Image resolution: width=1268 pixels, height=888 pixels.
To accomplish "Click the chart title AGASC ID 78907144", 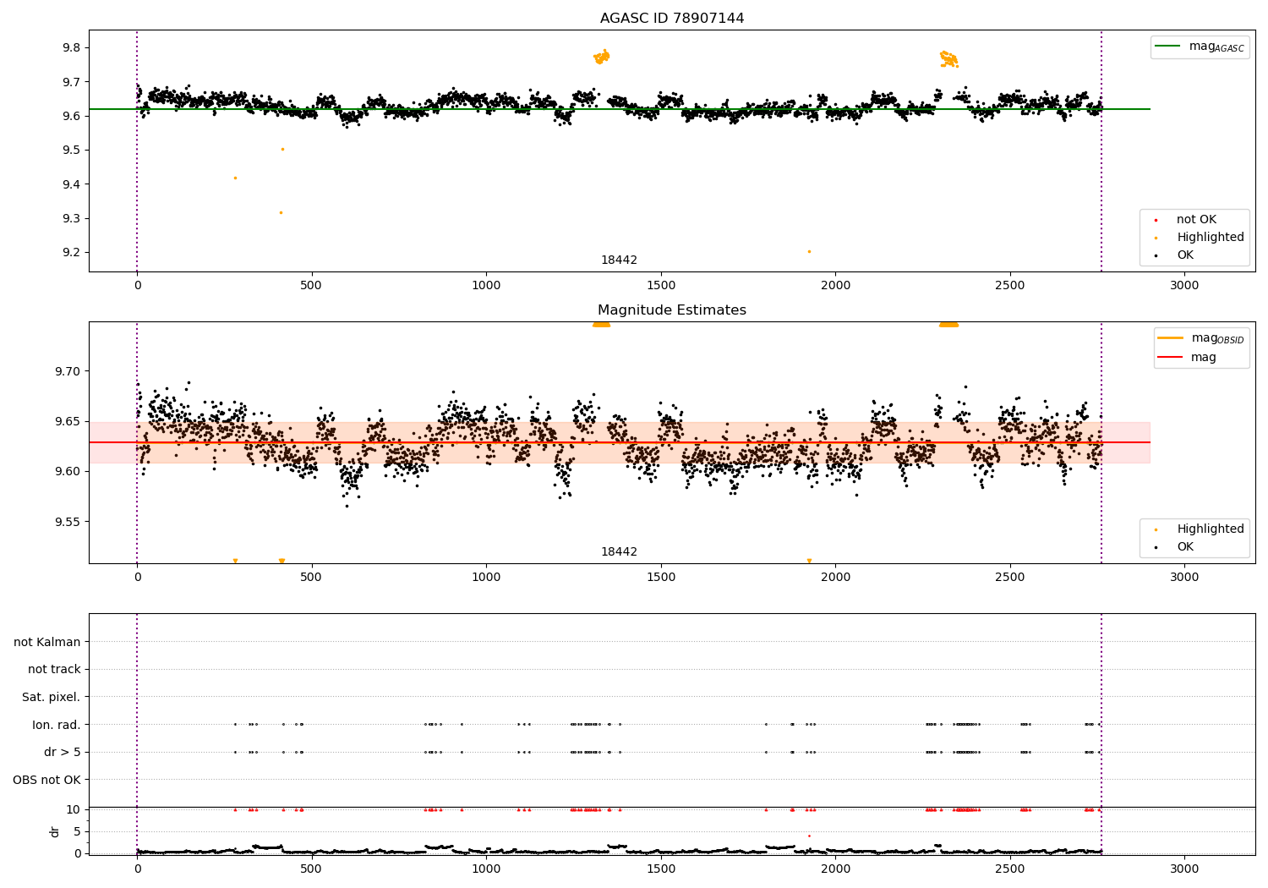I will (672, 19).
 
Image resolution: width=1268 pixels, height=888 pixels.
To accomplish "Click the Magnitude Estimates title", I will (672, 310).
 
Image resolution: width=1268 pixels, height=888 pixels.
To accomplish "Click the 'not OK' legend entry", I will (1196, 220).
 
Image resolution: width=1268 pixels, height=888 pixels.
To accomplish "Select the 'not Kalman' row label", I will (47, 642).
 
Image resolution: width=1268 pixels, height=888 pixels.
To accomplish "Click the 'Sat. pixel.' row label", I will (51, 697).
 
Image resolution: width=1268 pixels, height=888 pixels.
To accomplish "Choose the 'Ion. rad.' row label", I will (56, 725).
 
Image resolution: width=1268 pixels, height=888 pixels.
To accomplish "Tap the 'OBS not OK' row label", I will (46, 780).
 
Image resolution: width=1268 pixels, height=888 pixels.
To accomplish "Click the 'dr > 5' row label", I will (62, 752).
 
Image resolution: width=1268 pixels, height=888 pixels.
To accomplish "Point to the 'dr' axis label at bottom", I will (54, 831).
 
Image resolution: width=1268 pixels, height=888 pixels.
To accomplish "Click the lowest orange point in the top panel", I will (809, 251).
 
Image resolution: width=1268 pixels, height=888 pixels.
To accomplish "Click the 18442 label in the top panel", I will (619, 260).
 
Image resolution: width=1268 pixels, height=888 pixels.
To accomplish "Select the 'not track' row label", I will (54, 669).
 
